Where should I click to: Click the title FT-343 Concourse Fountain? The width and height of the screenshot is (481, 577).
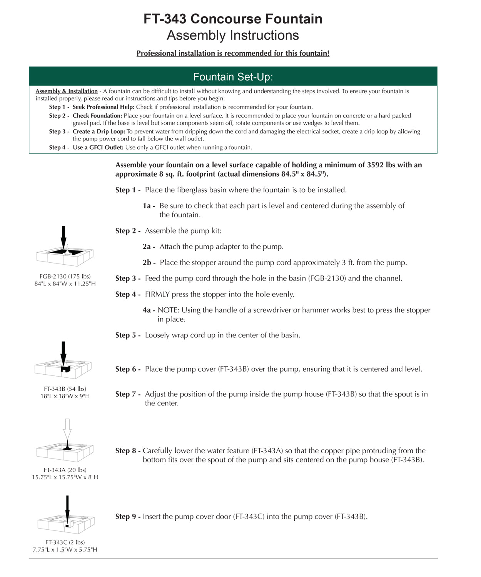233,19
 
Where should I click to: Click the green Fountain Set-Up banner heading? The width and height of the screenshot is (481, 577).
233,77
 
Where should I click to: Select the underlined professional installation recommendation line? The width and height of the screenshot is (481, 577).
233,53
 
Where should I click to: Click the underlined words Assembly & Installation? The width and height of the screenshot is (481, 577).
67,91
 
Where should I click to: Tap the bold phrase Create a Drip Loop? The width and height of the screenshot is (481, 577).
99,132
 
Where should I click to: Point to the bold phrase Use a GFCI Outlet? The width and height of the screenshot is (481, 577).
98,148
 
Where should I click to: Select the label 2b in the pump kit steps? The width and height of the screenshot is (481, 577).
149,263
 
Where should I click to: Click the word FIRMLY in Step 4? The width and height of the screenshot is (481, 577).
157,295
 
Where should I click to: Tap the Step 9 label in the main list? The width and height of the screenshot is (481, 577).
128,517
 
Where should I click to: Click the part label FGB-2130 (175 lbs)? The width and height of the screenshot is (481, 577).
65,277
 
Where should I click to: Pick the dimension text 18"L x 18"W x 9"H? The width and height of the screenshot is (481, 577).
65,396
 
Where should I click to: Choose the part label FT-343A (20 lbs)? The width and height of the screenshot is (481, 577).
65,470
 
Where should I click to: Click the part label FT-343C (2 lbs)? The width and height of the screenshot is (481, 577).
65,542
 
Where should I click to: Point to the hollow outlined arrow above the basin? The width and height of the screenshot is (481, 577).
67,429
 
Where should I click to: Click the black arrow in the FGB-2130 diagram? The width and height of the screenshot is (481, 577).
63,236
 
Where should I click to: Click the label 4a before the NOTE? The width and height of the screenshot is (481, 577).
149,310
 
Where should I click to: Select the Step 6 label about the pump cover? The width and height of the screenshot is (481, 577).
128,369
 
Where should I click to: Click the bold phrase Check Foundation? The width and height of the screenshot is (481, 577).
97,116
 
